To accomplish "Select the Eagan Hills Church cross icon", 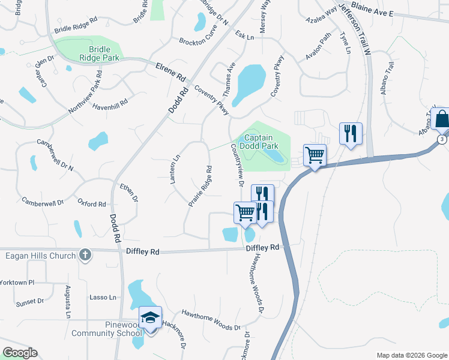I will tap(85, 256).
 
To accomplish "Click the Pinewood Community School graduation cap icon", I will tap(151, 317).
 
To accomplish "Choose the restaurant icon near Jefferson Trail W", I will tap(350, 133).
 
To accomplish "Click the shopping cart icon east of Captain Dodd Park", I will tap(315, 155).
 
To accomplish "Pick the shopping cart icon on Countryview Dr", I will tap(245, 212).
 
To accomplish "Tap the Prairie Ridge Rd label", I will tap(200, 186).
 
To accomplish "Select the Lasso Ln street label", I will tap(103, 297).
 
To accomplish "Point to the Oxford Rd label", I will tap(91, 204).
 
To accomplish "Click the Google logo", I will tap(20, 352).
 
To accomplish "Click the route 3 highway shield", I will tap(442, 139).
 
